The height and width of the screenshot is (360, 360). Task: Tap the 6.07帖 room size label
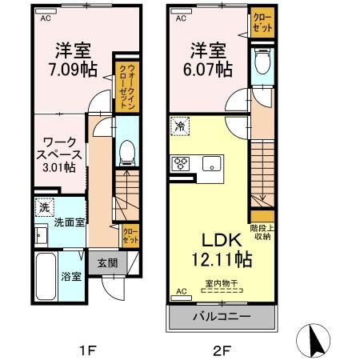(x=205, y=69)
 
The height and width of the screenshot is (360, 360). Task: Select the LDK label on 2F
(x=209, y=241)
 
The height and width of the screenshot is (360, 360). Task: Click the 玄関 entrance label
(x=108, y=263)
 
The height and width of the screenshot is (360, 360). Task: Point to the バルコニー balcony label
(x=221, y=316)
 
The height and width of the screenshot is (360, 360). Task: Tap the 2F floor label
(x=221, y=349)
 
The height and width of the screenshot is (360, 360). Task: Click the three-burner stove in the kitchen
(x=182, y=165)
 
